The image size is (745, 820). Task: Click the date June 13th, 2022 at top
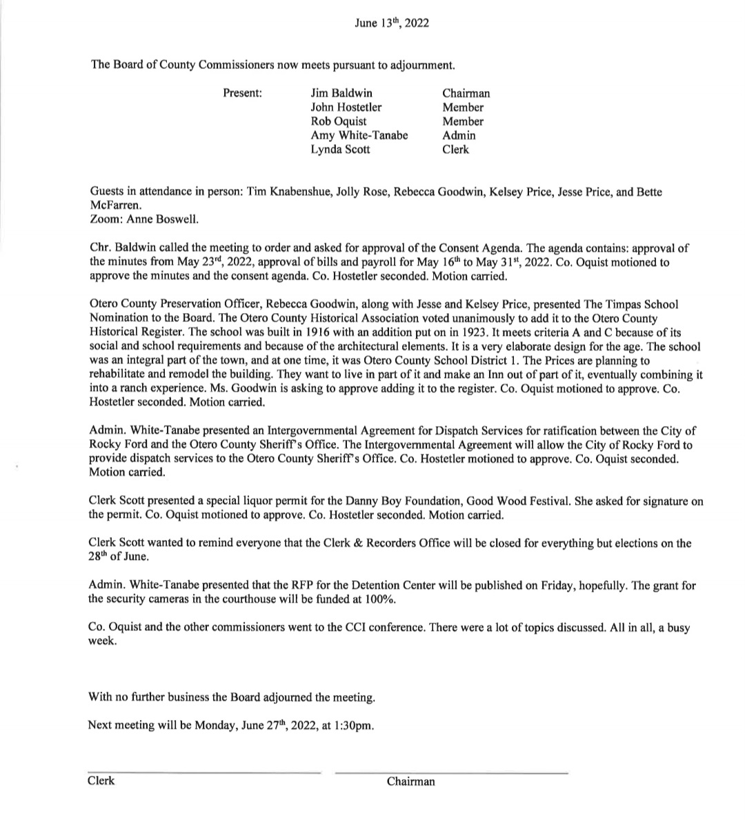pos(391,23)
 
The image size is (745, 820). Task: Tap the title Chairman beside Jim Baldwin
pos(466,93)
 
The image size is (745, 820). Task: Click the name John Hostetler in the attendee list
pos(346,107)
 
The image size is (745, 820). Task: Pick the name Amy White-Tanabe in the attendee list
pos(359,135)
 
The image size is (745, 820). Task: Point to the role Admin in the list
pos(459,135)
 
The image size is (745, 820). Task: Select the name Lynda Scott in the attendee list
pos(340,149)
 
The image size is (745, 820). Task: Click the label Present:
pos(243,93)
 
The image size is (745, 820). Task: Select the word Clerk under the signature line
pos(101,781)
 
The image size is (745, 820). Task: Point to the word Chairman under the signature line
pos(411,781)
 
